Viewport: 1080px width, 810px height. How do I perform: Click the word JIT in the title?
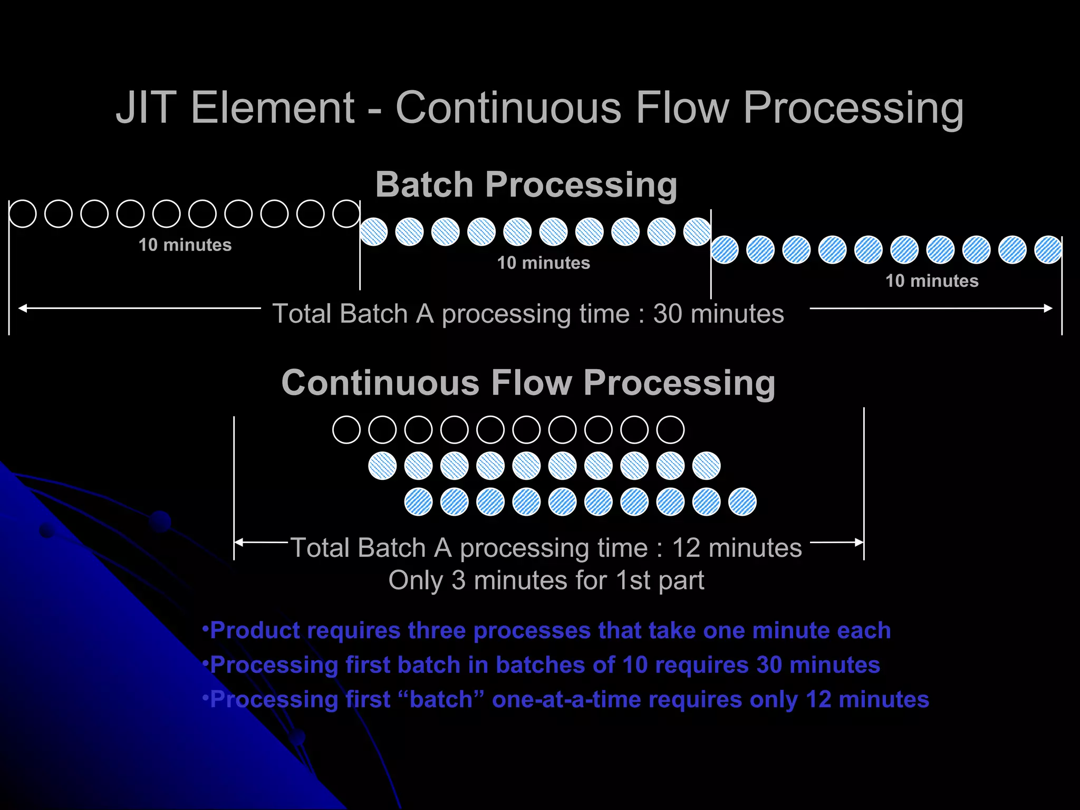[146, 108]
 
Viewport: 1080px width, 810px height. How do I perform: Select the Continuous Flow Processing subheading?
[528, 382]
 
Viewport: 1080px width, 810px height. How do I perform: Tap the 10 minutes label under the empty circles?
[185, 245]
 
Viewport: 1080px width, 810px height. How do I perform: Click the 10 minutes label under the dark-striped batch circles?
[932, 281]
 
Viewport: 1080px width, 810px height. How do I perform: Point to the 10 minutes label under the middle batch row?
[544, 263]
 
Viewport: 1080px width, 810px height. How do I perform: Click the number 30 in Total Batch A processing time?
[668, 314]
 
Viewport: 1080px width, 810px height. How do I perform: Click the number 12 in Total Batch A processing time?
[686, 548]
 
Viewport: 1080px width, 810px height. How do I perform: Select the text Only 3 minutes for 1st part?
[546, 581]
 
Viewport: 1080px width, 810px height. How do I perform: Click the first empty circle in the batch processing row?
[23, 214]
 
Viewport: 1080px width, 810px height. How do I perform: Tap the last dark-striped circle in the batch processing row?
[1048, 249]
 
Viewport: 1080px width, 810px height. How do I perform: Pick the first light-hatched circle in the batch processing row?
[373, 232]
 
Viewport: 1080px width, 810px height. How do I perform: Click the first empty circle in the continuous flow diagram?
[346, 429]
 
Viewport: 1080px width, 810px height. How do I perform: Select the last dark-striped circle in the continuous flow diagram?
[742, 502]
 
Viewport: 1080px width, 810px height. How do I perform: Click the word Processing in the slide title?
[853, 108]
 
